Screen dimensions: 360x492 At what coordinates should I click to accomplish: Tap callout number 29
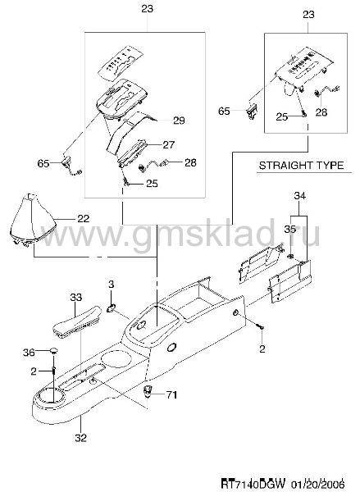point(179,121)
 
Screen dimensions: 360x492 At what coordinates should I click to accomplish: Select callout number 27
point(169,144)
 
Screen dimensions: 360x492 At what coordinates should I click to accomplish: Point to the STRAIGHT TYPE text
point(301,165)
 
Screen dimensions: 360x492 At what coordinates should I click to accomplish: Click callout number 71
point(171,394)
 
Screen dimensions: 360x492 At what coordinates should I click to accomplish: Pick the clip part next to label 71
point(147,391)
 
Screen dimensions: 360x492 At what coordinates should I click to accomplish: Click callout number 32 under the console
point(80,437)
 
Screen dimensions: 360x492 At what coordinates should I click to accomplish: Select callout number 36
point(29,353)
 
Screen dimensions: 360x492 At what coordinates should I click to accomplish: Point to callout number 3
point(111,285)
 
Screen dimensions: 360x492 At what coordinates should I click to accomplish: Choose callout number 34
point(300,196)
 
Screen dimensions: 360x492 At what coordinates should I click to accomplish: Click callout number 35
point(289,229)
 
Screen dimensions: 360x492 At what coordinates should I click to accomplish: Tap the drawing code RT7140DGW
point(253,482)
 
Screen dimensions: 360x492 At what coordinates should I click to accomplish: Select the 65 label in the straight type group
point(224,111)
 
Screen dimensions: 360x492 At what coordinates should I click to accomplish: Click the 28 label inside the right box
point(321,112)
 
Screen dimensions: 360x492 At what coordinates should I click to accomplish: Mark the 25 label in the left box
point(152,184)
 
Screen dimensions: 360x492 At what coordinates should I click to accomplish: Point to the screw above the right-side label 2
point(261,326)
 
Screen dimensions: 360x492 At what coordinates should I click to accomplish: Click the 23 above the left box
point(147,8)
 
